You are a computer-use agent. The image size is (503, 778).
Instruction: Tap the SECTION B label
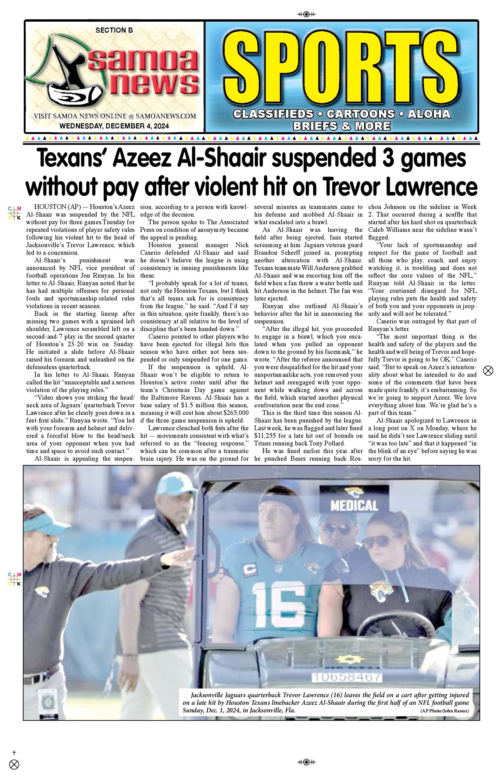pyautogui.click(x=114, y=31)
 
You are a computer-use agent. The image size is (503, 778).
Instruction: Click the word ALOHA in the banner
pyautogui.click(x=429, y=114)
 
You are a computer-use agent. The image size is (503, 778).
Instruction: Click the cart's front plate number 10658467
pyautogui.click(x=347, y=677)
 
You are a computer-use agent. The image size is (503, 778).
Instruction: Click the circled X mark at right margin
pyautogui.click(x=488, y=371)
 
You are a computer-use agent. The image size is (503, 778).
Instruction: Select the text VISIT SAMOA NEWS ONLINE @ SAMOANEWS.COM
pyautogui.click(x=115, y=116)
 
